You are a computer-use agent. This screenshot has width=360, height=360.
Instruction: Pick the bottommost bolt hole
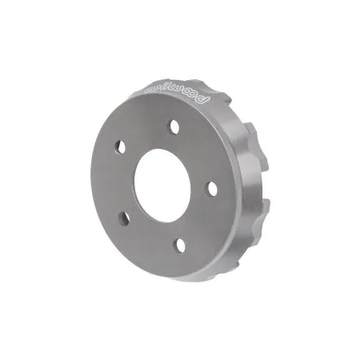pyautogui.click(x=179, y=246)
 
